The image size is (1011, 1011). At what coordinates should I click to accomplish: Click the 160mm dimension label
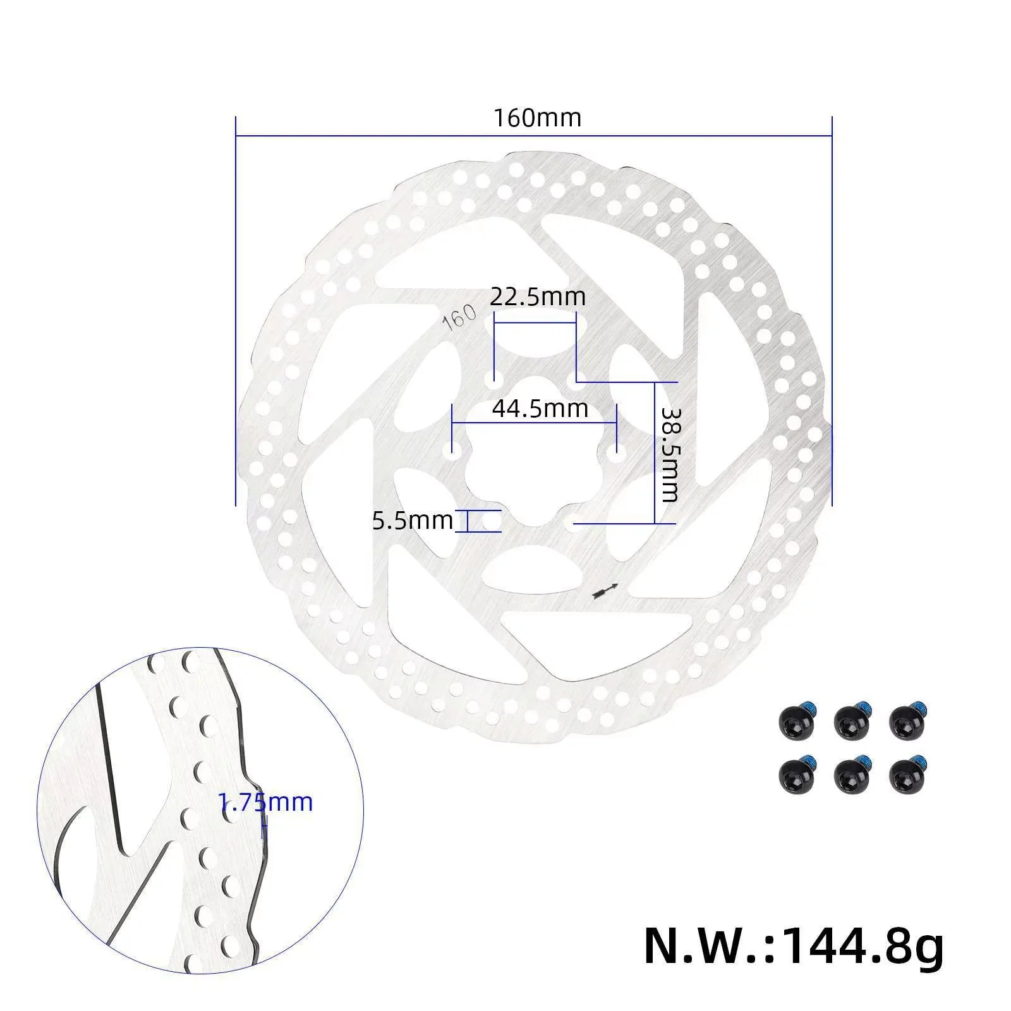coord(537,118)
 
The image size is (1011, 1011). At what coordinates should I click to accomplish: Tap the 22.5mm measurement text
coord(538,296)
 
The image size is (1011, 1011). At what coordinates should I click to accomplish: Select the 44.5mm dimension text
coord(540,409)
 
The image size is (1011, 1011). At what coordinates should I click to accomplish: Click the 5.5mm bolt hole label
coord(412,521)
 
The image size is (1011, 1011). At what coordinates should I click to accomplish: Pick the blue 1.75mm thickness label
coord(265,802)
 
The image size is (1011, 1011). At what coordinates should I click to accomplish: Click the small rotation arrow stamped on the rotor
coord(603,590)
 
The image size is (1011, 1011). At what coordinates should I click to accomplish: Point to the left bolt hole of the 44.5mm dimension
coord(452,452)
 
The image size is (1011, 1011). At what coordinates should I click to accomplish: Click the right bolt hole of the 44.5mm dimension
coord(616,452)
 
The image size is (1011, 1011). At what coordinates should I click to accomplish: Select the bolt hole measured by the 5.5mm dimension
coord(490,522)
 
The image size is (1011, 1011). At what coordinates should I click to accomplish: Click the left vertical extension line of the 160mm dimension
coord(236,310)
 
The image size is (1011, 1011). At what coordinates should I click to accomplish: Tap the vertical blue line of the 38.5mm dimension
coord(655,453)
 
